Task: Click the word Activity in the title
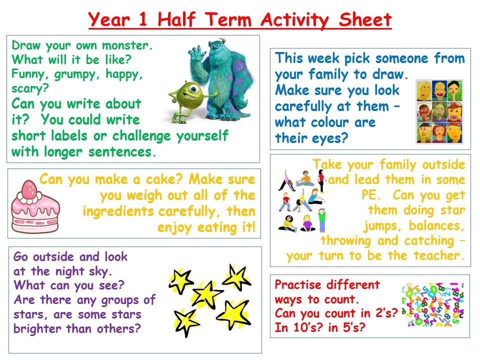coord(295,20)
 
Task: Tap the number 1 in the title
coord(142,19)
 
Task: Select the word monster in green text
coord(125,45)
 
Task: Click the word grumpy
coord(74,74)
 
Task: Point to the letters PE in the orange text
coord(369,194)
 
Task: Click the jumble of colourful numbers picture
coord(432,304)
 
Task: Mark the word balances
coord(436,225)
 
